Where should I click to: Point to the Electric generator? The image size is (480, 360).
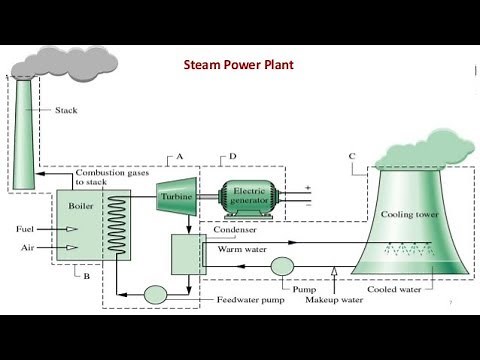point(246,196)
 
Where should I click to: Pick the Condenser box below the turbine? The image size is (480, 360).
point(187,253)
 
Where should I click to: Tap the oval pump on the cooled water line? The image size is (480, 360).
point(279,265)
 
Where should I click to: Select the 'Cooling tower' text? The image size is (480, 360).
point(407,215)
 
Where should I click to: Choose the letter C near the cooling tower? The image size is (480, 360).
point(351,156)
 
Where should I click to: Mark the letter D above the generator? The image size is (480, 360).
point(232,156)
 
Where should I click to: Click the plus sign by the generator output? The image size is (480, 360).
point(307,187)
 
